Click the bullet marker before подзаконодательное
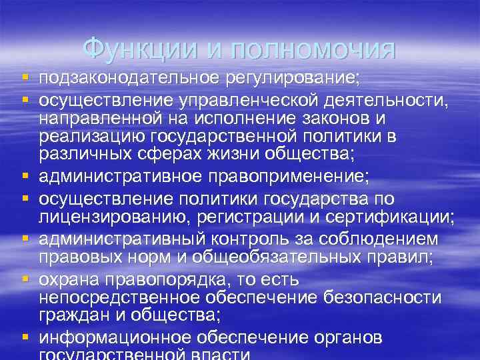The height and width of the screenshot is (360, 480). [x=25, y=79]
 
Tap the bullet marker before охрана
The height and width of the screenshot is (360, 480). [x=25, y=278]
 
